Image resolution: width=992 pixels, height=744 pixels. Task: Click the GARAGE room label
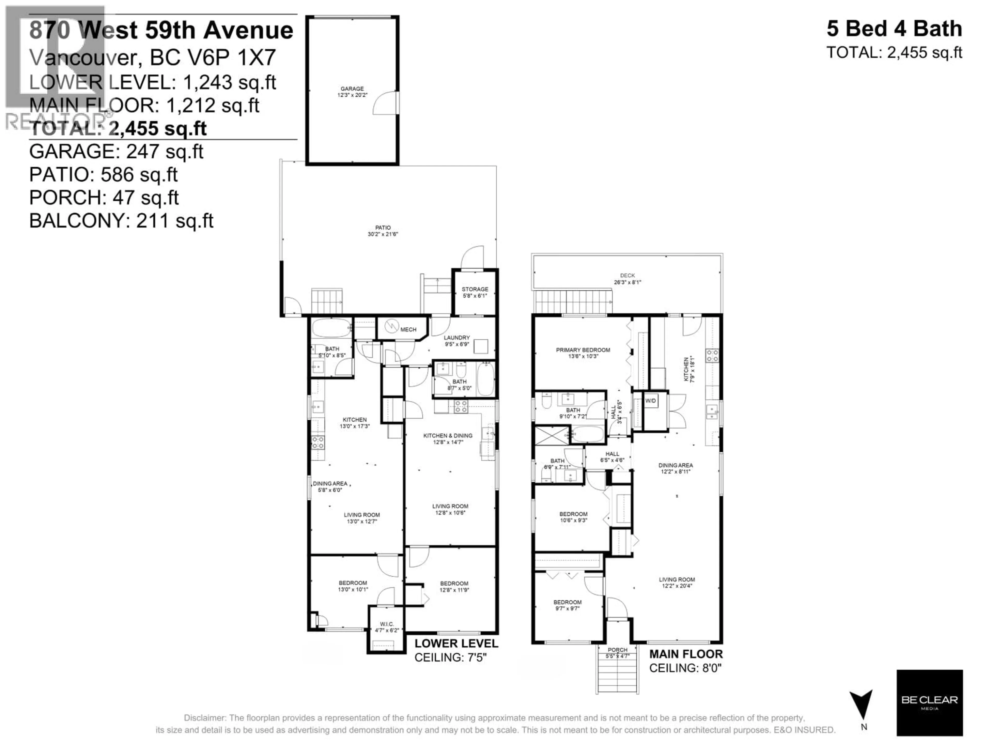click(352, 91)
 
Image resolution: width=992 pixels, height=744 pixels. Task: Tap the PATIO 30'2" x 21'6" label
click(383, 230)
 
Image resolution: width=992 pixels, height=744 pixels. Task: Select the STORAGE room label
click(475, 292)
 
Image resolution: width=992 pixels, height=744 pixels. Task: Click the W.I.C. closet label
click(386, 626)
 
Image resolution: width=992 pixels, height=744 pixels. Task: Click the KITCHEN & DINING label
click(448, 438)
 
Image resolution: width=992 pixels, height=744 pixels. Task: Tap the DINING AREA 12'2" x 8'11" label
click(675, 468)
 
